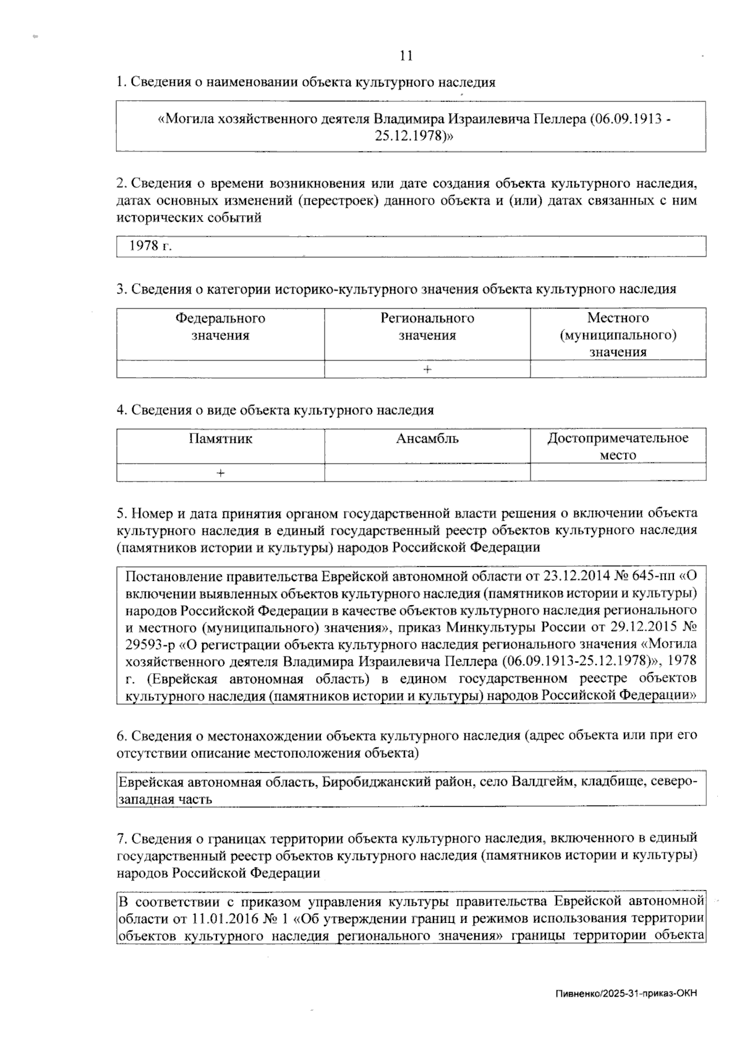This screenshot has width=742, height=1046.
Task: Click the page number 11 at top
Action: (406, 56)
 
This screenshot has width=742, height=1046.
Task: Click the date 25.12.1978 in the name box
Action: (409, 135)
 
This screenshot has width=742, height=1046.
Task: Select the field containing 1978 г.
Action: (411, 246)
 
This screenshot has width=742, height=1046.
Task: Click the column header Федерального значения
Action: (220, 326)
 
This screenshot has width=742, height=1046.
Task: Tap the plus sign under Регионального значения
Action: (427, 369)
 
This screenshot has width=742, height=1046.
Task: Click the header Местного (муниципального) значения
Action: (618, 334)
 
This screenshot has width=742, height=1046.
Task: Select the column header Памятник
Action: (220, 439)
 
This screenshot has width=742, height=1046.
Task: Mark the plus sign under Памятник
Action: (220, 473)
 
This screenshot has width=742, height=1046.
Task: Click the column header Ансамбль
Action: (427, 439)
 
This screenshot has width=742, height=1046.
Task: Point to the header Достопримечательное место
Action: (618, 446)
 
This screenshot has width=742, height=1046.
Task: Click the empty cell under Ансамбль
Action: (427, 473)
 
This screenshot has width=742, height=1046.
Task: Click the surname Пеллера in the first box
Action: (560, 119)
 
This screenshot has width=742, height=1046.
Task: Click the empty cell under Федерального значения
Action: (220, 369)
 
